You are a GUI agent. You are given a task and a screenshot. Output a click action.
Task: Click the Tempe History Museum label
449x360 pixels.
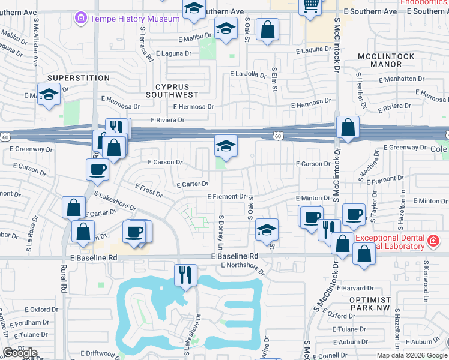click(x=135, y=19)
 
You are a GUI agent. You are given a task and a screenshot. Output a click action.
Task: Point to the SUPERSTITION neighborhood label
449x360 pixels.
click(x=79, y=78)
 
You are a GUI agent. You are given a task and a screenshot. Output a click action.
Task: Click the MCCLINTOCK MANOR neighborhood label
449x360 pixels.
click(x=385, y=60)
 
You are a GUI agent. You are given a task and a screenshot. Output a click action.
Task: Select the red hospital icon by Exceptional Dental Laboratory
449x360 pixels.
click(x=433, y=242)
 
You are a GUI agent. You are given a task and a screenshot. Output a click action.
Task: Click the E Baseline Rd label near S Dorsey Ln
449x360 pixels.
click(x=235, y=256)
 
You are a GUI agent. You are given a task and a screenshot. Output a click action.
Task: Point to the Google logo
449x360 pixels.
click(x=20, y=353)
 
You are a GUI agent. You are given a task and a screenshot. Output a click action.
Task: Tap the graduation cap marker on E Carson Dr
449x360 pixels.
click(x=226, y=146)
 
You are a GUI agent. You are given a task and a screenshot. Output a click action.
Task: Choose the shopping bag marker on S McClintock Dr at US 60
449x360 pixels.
click(x=348, y=127)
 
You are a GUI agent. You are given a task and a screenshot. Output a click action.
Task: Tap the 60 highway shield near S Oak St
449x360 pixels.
click(x=278, y=136)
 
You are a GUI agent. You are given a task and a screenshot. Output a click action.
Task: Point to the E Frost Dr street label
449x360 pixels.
click(x=148, y=190)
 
